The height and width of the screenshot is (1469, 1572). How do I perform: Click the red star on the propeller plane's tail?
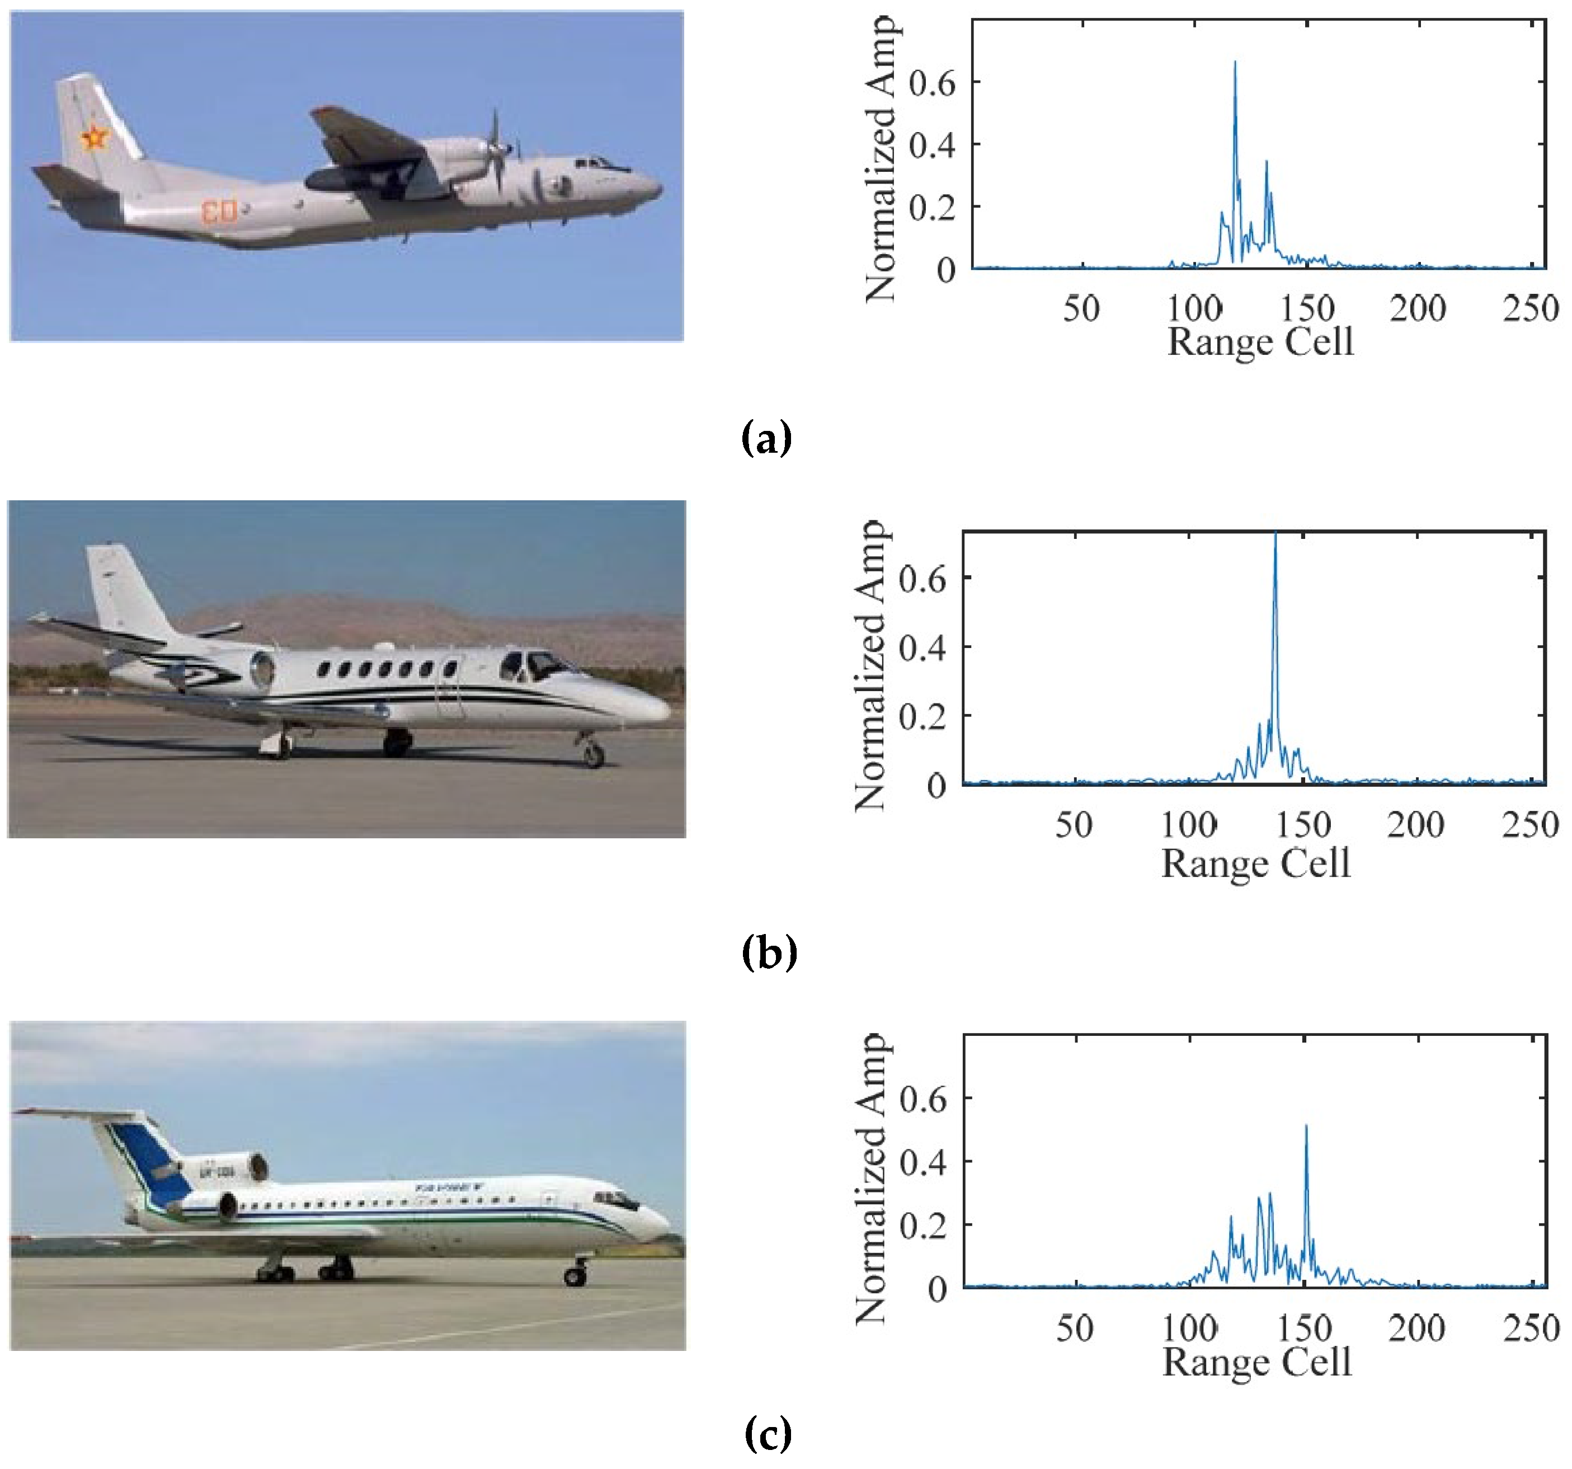tap(94, 138)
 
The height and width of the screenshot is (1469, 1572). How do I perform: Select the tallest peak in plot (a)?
tap(1235, 63)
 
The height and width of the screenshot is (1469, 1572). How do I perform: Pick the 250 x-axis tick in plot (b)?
tap(1530, 825)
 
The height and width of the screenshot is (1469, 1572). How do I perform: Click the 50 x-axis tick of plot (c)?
tap(1075, 1328)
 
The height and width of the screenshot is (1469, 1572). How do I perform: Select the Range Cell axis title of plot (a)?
tap(1260, 342)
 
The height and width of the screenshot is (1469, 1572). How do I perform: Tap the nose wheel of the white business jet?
tap(593, 755)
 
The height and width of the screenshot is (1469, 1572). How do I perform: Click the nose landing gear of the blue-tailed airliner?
tap(576, 1274)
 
